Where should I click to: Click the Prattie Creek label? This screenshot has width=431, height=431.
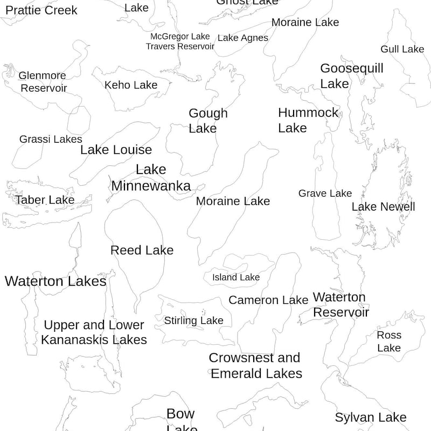pos(41,10)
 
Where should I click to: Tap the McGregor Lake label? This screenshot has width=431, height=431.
pos(179,36)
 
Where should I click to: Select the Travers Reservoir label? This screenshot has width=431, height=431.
pos(180,46)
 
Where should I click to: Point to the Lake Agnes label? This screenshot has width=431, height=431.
pos(242,38)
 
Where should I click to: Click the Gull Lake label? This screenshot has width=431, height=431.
pos(402,49)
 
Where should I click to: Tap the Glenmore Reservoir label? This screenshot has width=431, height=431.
pos(43,82)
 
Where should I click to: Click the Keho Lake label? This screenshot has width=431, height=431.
pos(131,85)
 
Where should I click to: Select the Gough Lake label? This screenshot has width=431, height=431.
pos(208,121)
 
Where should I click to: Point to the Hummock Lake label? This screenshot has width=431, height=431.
pos(308,120)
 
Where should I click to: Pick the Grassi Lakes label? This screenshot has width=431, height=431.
pos(51,140)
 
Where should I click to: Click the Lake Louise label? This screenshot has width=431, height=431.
pos(116,150)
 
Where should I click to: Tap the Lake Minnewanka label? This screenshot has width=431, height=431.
pos(151,178)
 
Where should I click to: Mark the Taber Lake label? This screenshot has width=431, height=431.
pos(45,200)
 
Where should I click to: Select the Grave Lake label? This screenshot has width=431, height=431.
pos(325,193)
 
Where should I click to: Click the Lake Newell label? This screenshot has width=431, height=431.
pos(383,207)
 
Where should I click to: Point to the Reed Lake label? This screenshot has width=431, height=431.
pos(142,250)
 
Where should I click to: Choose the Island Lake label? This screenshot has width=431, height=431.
pos(235,277)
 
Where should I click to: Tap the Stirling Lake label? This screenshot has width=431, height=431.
pos(193,321)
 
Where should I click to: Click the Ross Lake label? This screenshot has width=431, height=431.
pos(389,342)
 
